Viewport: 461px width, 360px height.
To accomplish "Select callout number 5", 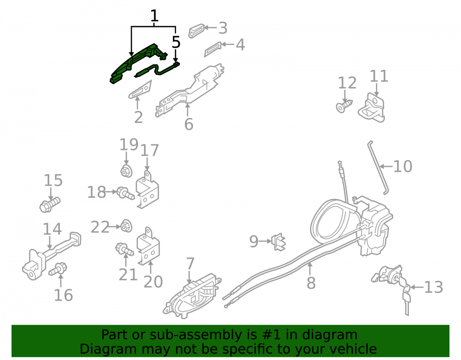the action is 176,42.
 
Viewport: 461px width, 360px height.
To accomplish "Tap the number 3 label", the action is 223,28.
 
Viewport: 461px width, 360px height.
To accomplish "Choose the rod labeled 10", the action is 378,167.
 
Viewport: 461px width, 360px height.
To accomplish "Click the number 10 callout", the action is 402,166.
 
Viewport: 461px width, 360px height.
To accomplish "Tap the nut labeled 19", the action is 126,171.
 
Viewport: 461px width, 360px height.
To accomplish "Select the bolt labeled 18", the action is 125,193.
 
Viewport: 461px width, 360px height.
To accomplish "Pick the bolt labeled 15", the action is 50,204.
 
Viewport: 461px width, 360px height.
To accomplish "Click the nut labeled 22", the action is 126,226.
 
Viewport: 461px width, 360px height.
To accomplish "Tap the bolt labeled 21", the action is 124,249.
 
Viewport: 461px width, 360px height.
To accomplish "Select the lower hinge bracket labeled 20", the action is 148,246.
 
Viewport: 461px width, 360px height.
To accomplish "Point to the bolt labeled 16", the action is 58,269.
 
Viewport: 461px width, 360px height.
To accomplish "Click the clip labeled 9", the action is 278,242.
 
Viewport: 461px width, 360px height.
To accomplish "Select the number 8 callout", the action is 311,283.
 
